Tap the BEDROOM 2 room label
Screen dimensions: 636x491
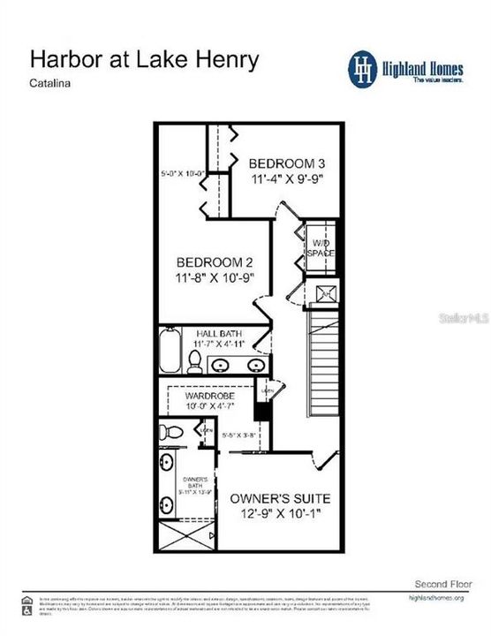pos(215,262)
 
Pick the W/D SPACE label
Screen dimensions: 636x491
pos(321,247)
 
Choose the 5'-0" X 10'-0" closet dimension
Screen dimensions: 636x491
pos(183,173)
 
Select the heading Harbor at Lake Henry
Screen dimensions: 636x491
pos(145,60)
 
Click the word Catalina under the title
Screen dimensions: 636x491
pos(52,86)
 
